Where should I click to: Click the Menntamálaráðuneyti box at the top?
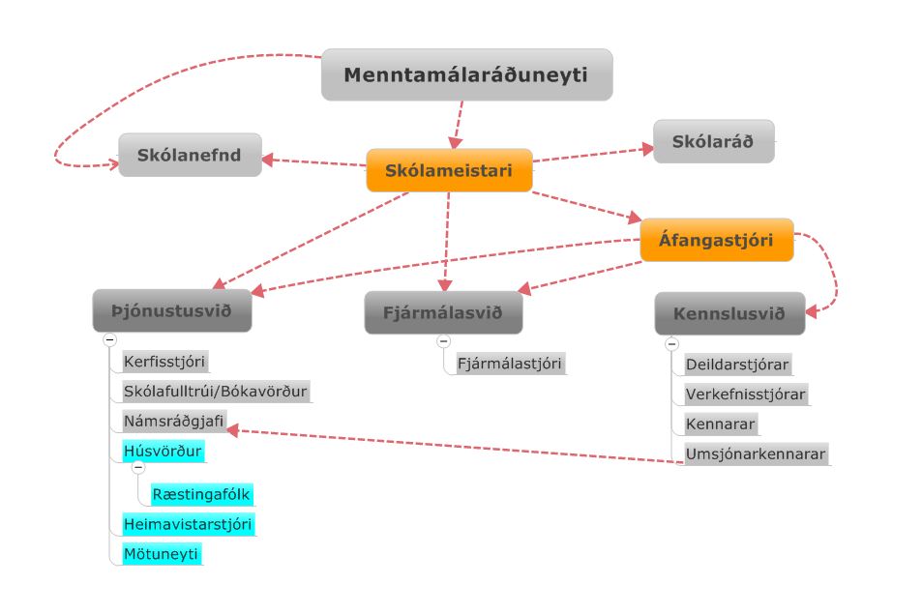click(466, 74)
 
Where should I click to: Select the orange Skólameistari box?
click(449, 170)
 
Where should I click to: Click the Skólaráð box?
click(714, 141)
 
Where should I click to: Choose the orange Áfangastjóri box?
click(717, 240)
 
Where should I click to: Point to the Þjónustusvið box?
click(172, 310)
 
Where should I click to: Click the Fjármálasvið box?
click(443, 312)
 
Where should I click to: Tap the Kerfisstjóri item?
click(164, 363)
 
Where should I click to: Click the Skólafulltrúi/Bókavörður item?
click(215, 392)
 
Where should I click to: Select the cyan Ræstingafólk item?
click(201, 494)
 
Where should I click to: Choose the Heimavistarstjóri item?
click(188, 524)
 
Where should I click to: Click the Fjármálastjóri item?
click(509, 364)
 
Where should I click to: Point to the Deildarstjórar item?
click(737, 365)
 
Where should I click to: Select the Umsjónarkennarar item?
click(756, 453)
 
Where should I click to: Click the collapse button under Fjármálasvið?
click(443, 340)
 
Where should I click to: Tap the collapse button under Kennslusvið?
click(671, 343)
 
